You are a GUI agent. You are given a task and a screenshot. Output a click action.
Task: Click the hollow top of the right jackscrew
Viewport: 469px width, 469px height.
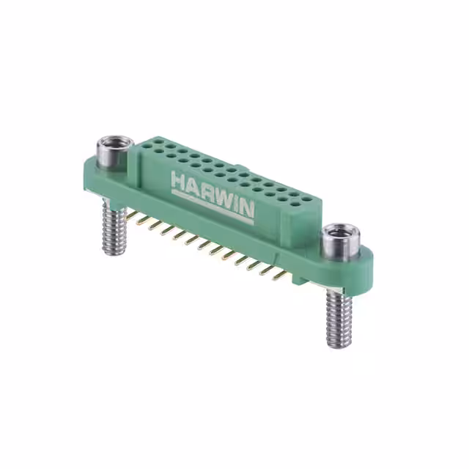click(340, 235)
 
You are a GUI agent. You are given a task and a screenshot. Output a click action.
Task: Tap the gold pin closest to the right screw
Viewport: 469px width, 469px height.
click(281, 276)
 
